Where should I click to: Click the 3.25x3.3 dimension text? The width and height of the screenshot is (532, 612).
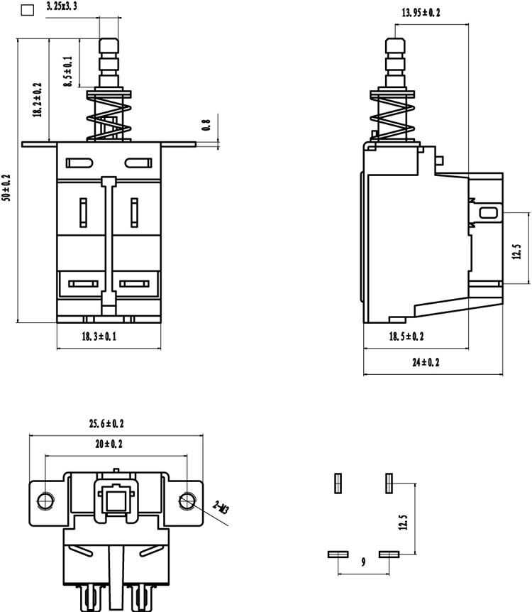click(62, 6)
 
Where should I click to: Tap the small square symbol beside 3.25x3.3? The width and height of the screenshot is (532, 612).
click(27, 10)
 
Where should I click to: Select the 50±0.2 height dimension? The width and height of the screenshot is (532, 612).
click(6, 187)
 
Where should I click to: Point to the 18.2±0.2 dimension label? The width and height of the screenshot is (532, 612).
click(37, 99)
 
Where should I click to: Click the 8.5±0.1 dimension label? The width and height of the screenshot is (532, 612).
click(68, 72)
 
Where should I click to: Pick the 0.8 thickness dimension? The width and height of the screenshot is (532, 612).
click(206, 125)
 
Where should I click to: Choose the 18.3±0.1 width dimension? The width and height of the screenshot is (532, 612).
click(99, 336)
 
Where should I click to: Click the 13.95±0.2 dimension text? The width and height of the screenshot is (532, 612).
click(421, 13)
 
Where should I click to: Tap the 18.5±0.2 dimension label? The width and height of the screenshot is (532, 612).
click(406, 336)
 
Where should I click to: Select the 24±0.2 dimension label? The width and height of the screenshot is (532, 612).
click(426, 362)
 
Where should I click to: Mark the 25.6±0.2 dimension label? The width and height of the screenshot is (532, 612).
click(106, 423)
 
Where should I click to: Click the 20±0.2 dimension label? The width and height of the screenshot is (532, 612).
click(109, 444)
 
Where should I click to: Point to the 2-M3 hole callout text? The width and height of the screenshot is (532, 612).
click(221, 508)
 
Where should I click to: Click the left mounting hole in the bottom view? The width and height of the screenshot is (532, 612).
click(45, 501)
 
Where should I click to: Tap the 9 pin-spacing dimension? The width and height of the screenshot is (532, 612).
click(363, 562)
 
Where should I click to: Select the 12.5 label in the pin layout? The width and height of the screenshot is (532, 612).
click(403, 523)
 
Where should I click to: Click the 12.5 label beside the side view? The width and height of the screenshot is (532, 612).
click(516, 252)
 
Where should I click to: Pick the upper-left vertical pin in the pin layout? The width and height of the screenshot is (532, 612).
click(338, 483)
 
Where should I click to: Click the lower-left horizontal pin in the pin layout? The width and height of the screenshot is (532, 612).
click(338, 554)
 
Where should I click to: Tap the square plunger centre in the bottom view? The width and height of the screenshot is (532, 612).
click(116, 501)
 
